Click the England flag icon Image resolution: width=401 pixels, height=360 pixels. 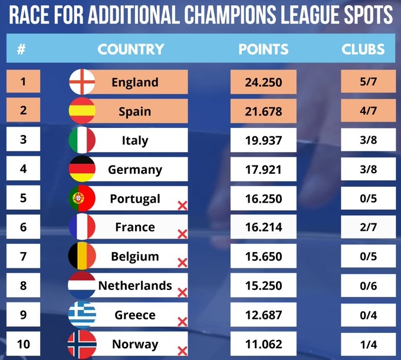click(x=82, y=82)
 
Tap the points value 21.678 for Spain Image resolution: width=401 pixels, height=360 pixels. click(x=264, y=111)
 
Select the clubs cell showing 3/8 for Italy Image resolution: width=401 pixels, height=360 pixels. click(x=367, y=140)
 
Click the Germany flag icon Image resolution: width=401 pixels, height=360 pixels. click(x=82, y=169)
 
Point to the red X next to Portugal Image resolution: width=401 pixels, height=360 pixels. click(x=182, y=205)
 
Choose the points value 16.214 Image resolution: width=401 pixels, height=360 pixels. click(x=264, y=227)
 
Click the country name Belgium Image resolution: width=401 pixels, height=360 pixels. click(x=135, y=256)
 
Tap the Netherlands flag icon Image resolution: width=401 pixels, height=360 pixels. click(x=82, y=285)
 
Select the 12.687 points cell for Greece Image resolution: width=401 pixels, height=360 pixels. click(x=264, y=315)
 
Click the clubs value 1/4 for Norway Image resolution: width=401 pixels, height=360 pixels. click(x=367, y=344)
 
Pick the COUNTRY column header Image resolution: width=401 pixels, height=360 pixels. click(x=130, y=49)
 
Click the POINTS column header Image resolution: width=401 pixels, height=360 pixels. click(x=264, y=49)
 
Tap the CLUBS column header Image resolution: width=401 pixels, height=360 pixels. click(x=363, y=49)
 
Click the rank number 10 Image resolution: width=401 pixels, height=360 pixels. click(x=23, y=344)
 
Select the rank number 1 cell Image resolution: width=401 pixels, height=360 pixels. click(x=23, y=82)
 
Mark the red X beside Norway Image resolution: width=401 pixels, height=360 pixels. click(x=182, y=351)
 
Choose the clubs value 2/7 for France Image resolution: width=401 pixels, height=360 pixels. click(x=367, y=227)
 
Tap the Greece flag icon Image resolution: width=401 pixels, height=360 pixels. click(x=82, y=315)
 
